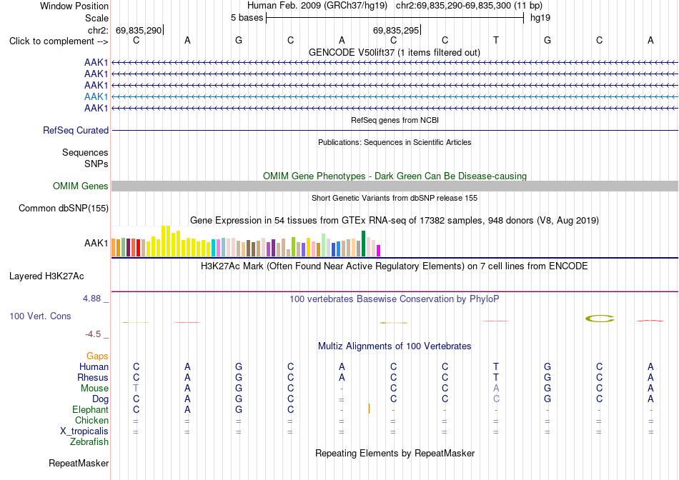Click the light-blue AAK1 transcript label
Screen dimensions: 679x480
tap(96, 96)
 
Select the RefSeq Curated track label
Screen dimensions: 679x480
tap(76, 130)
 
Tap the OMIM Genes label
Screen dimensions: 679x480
tap(81, 186)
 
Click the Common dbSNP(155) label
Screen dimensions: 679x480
tap(64, 208)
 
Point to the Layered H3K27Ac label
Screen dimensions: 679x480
tap(46, 276)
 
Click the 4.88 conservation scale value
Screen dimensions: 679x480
tap(91, 299)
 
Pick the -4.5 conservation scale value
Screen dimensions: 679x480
tap(93, 334)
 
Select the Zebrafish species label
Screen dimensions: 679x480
tap(89, 442)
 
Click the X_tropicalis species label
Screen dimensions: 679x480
tap(84, 431)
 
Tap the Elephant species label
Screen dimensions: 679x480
tap(91, 409)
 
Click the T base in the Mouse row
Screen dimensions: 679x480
tap(136, 389)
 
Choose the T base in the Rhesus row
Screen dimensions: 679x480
tap(496, 377)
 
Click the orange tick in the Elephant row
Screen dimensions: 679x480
tap(369, 409)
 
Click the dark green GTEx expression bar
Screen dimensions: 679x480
tap(364, 244)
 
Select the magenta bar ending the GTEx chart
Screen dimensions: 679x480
tap(379, 251)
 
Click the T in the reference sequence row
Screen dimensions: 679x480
tap(496, 40)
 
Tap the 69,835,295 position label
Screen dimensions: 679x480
tap(396, 30)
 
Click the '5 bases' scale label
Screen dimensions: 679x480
tap(247, 18)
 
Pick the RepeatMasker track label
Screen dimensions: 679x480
tap(79, 463)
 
